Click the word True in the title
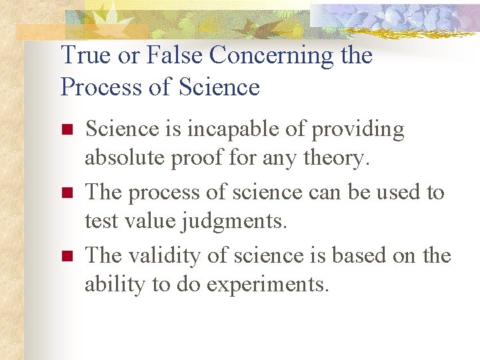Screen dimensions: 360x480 coord(85,55)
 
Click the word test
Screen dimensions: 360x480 coord(101,221)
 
